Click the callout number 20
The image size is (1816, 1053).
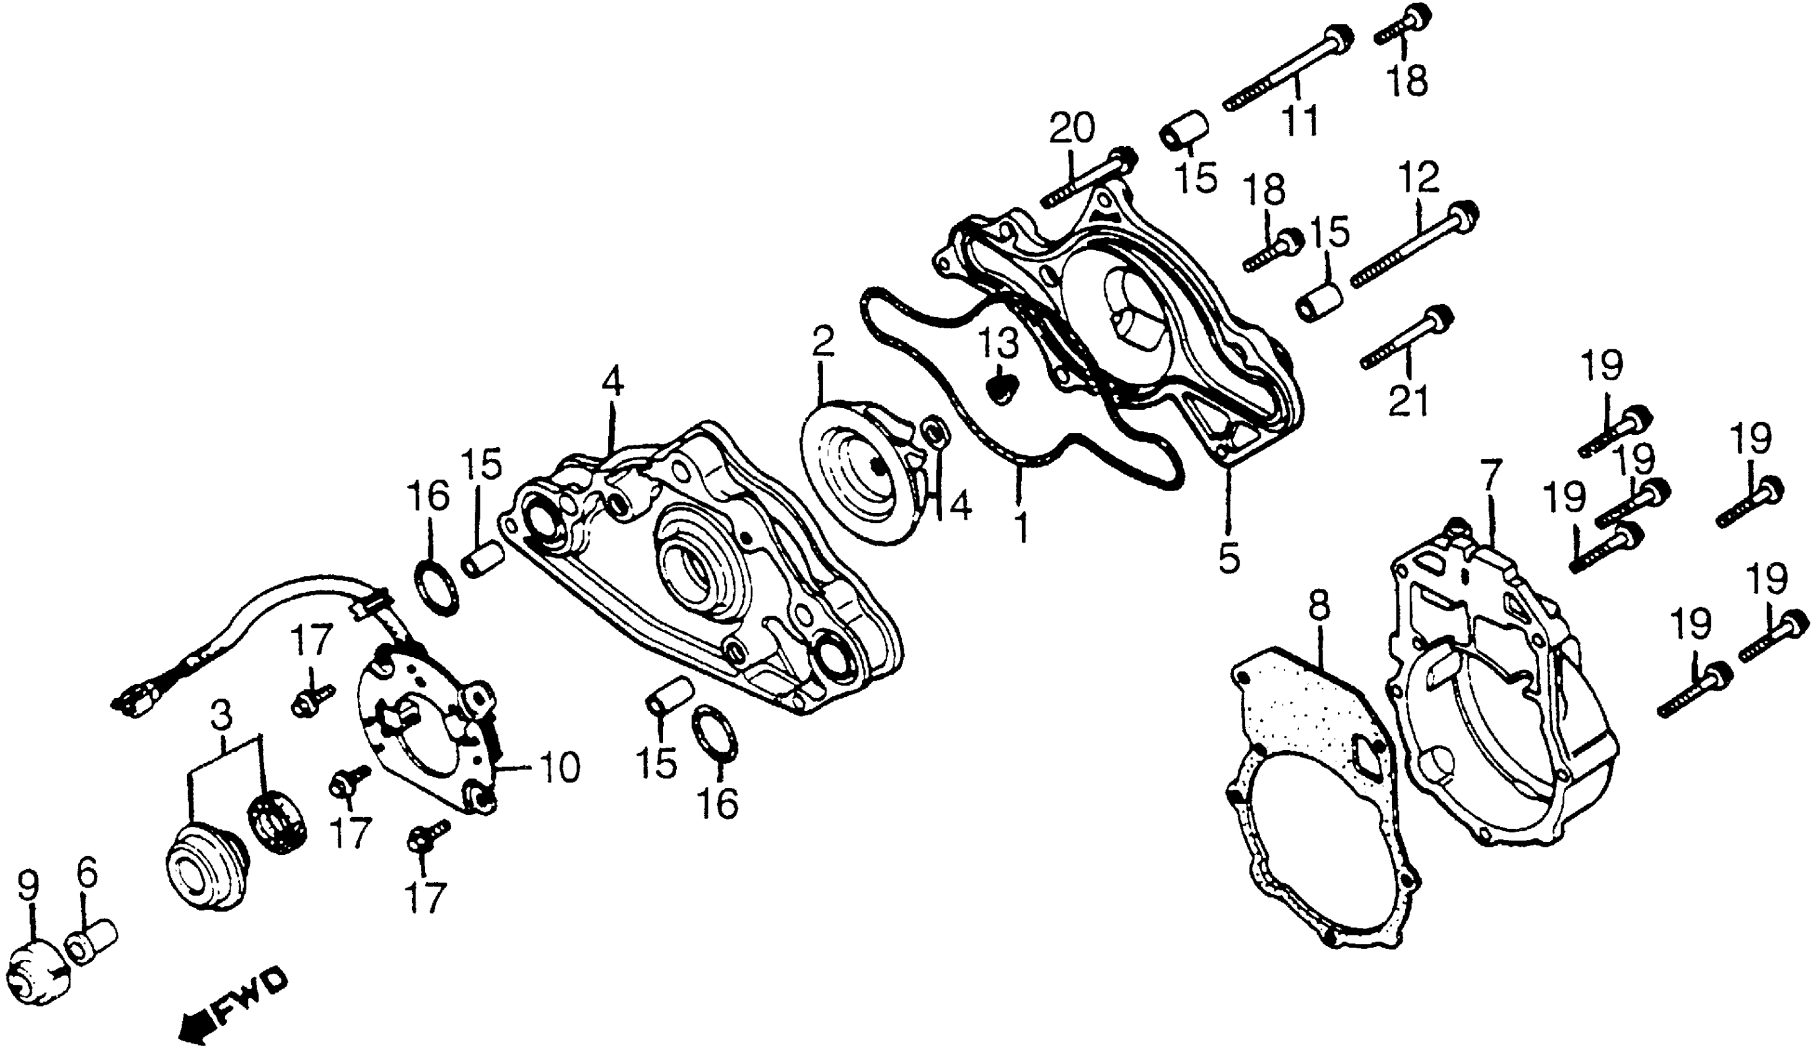[x=1072, y=129]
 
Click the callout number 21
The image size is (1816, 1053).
[x=1408, y=403]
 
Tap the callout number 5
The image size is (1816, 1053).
[x=1228, y=556]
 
